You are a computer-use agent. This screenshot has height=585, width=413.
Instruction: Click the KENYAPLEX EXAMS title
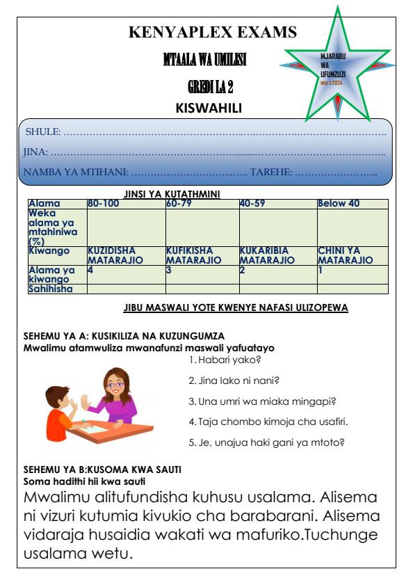pyautogui.click(x=213, y=32)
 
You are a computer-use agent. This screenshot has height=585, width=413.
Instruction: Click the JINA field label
pyautogui.click(x=36, y=150)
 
